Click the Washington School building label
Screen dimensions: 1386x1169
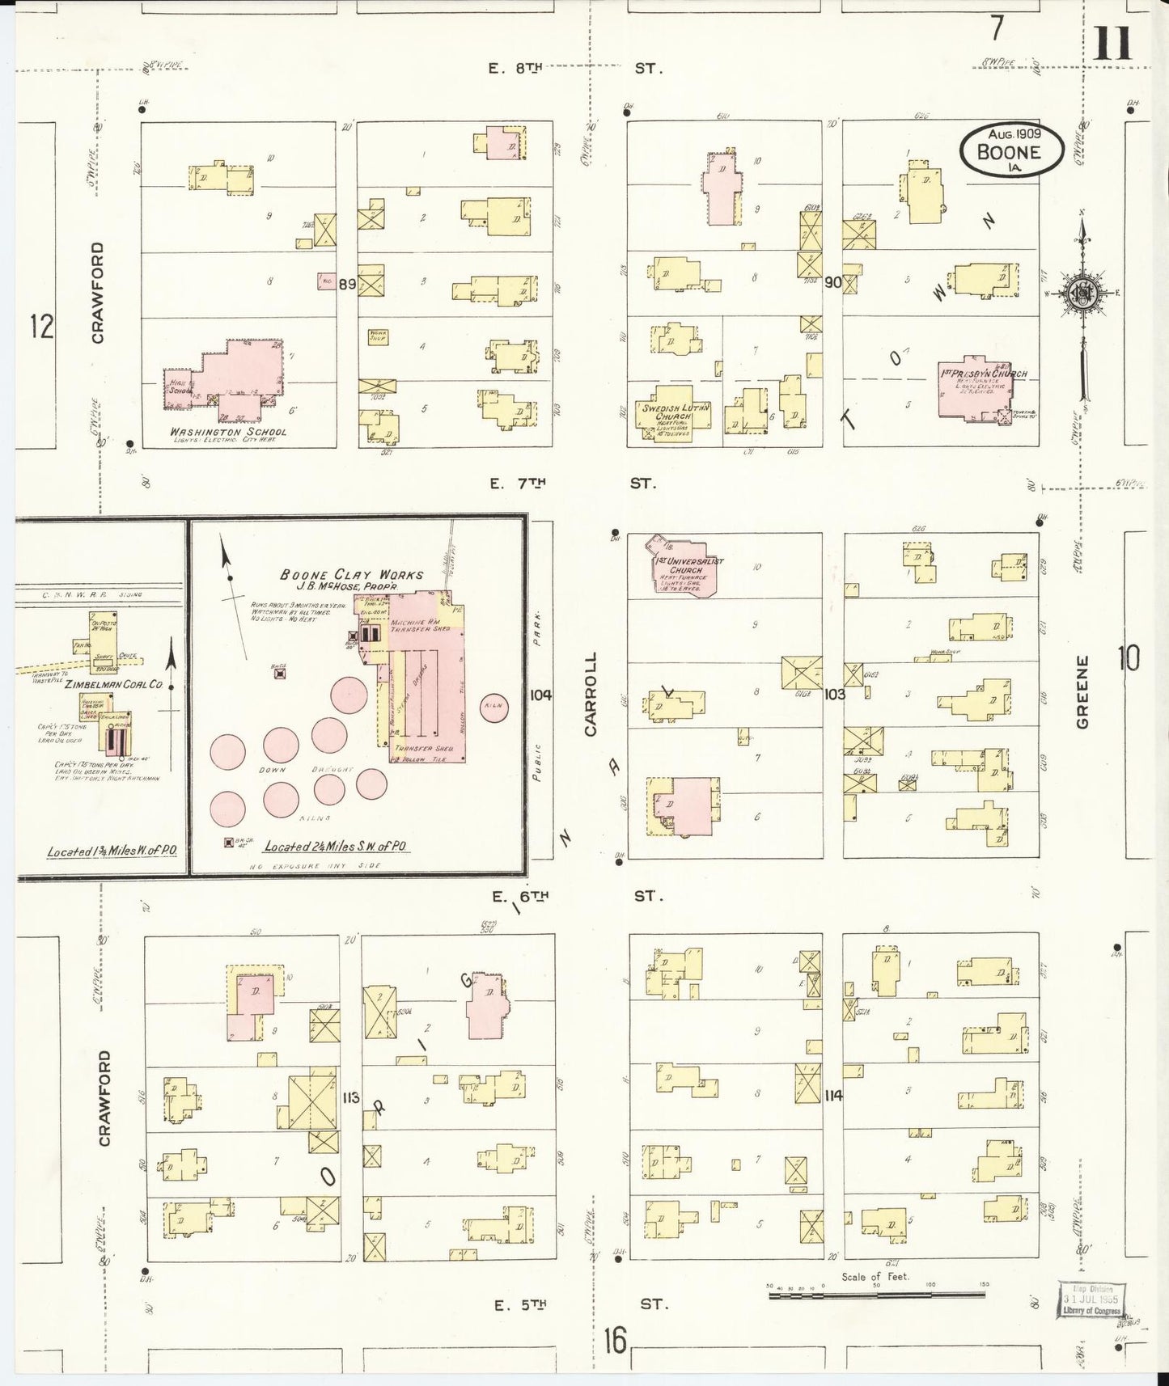pos(228,432)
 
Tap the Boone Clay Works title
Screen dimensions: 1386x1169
pos(351,574)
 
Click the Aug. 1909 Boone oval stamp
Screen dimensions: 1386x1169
pos(1009,149)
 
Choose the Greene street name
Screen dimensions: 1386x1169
pos(1084,691)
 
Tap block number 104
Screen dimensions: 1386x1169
pos(540,695)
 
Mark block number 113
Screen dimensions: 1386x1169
pos(350,1097)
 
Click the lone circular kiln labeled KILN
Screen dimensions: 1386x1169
pos(493,707)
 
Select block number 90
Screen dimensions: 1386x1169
pos(832,283)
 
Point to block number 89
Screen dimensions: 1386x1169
pos(347,284)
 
